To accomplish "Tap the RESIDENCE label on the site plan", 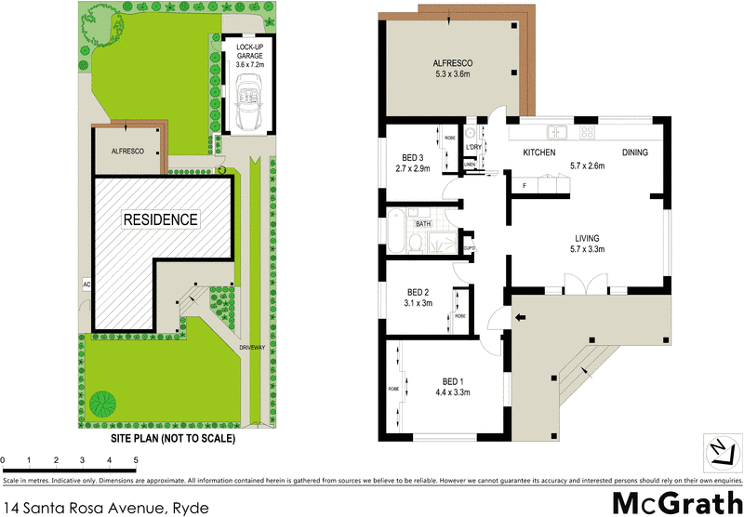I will point(161,220).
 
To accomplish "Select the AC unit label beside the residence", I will point(86,284).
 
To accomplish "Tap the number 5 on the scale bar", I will point(136,460).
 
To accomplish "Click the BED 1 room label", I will point(452,382).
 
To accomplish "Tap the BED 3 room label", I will point(414,157).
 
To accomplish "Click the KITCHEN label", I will point(539,152).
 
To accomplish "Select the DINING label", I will point(635,152).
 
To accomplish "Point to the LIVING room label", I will point(587,238).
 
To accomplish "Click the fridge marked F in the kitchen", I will point(525,185).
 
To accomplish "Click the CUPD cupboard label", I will point(471,247).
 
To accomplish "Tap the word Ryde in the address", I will point(190,507).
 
